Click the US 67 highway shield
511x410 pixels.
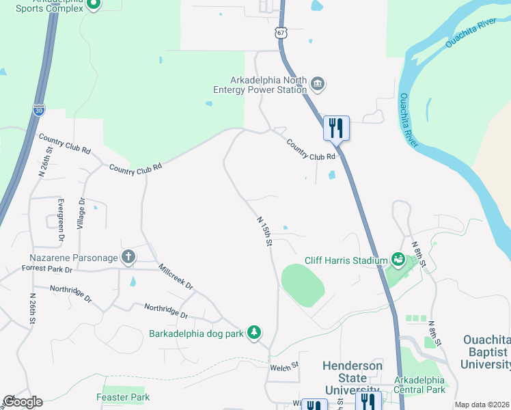click(281, 33)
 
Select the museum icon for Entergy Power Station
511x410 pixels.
click(318, 84)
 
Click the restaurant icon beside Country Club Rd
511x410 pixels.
click(335, 128)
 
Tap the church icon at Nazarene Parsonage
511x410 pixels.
click(127, 257)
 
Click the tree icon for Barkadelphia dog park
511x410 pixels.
click(254, 333)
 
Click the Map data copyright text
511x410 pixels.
click(482, 405)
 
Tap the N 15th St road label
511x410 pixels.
click(265, 232)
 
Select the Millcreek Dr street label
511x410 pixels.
click(176, 276)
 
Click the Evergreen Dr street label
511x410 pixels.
click(61, 219)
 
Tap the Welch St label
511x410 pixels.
click(285, 367)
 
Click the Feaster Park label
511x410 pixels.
click(123, 396)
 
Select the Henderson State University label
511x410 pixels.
click(353, 378)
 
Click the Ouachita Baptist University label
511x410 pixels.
click(486, 352)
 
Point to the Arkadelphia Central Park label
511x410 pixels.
click(419, 385)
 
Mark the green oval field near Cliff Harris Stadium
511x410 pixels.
click(303, 285)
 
